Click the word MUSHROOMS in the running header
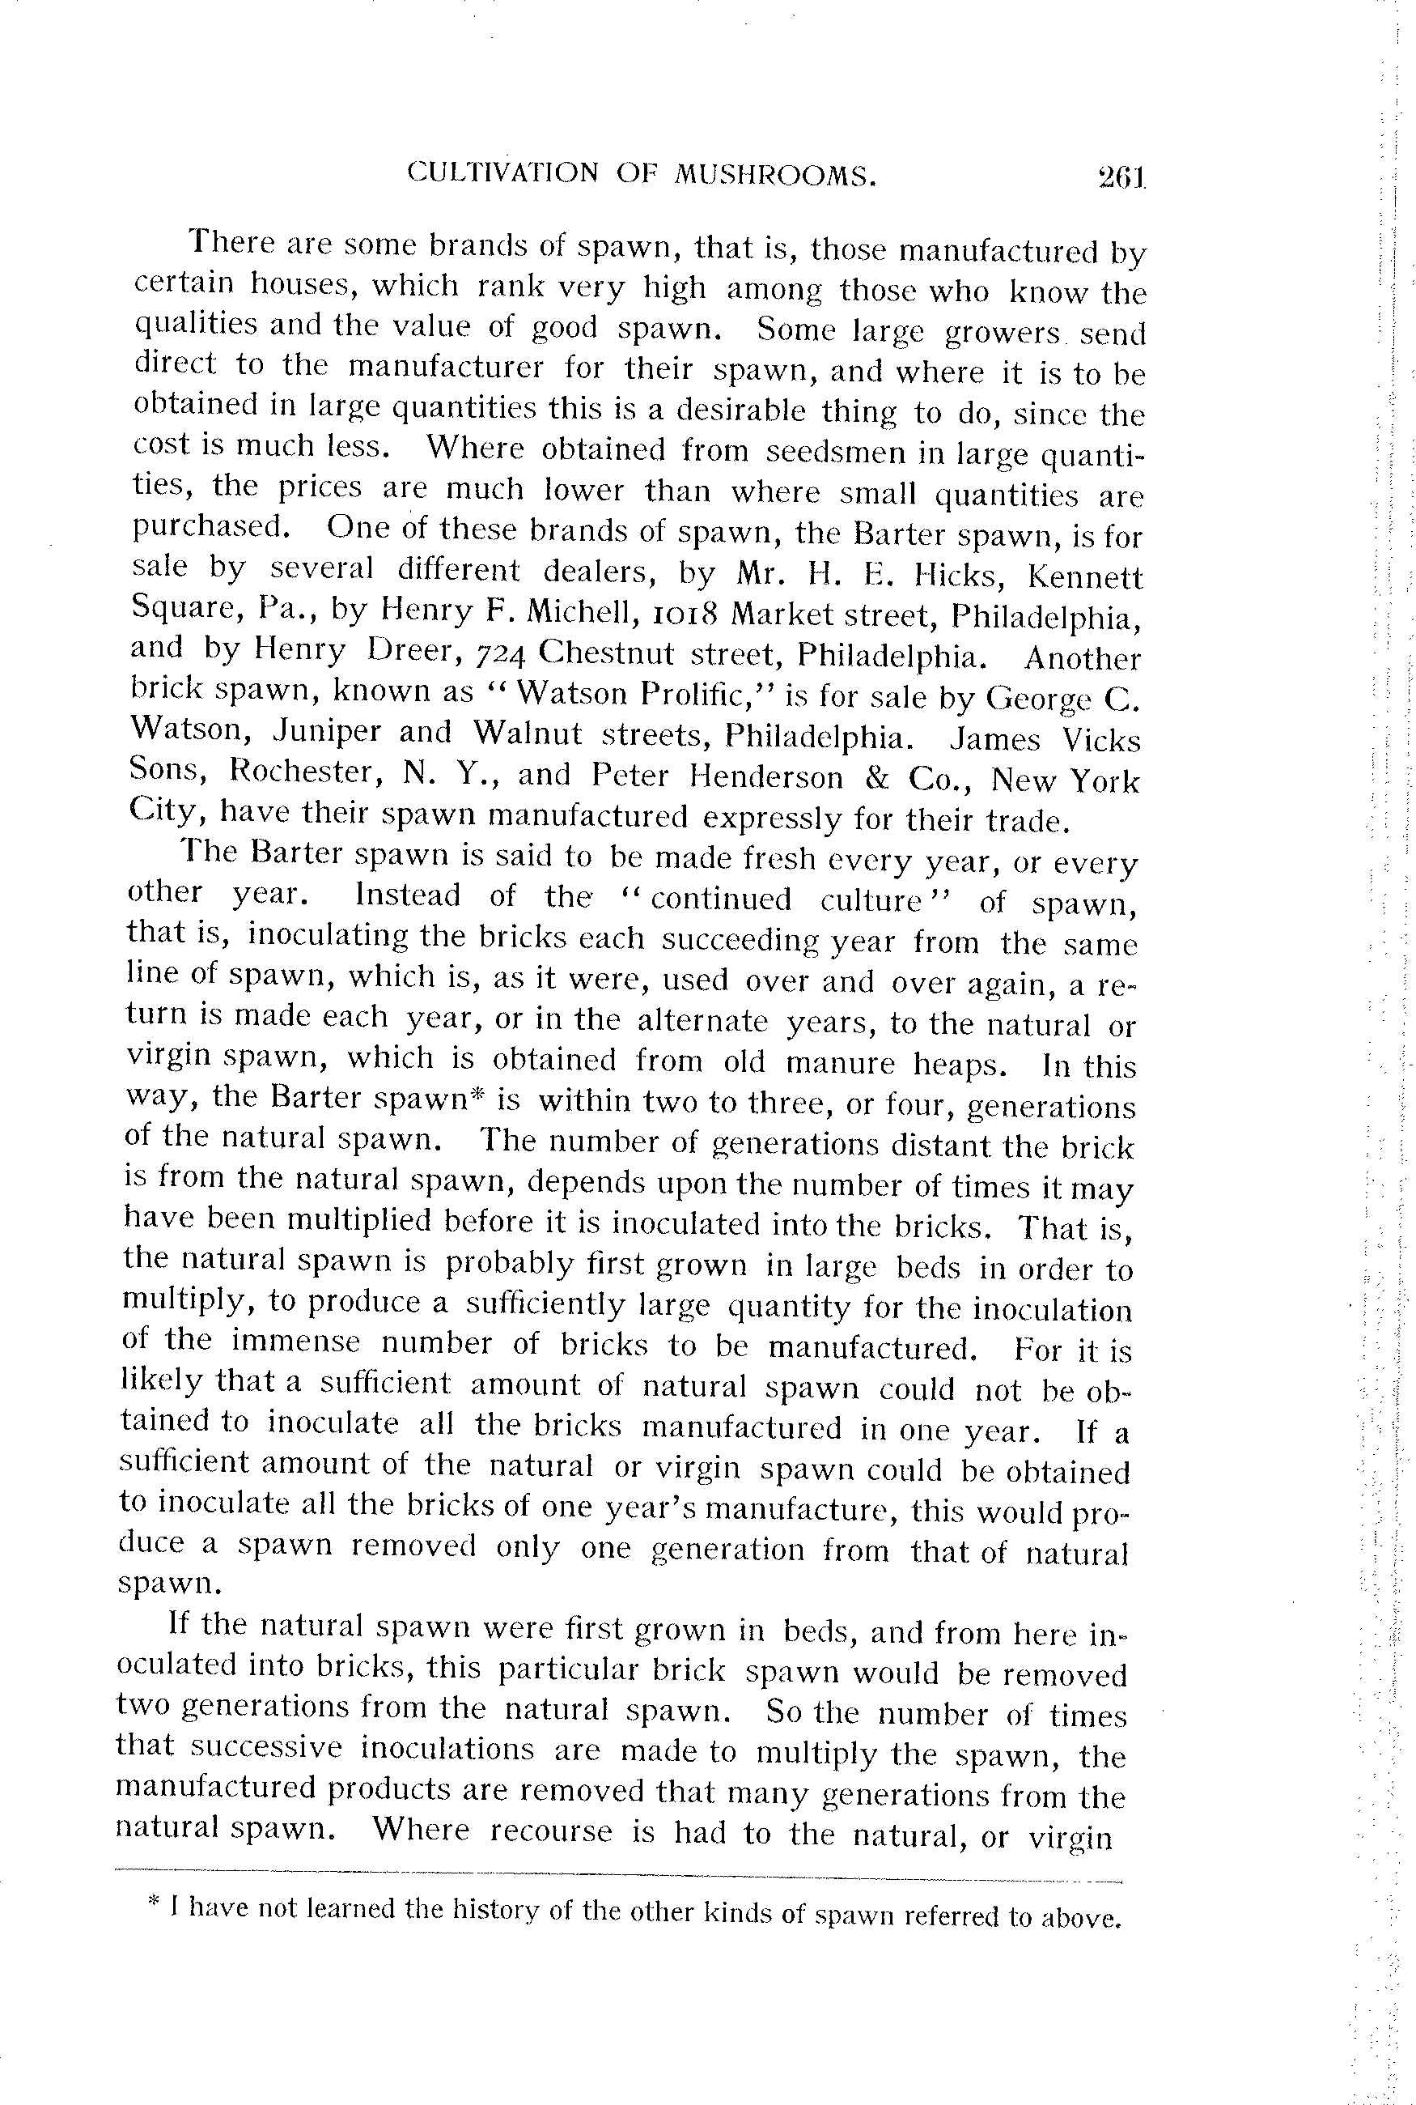coord(776,174)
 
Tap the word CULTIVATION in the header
coord(503,172)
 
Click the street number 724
coord(512,653)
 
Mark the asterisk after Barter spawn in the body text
coord(482,1094)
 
